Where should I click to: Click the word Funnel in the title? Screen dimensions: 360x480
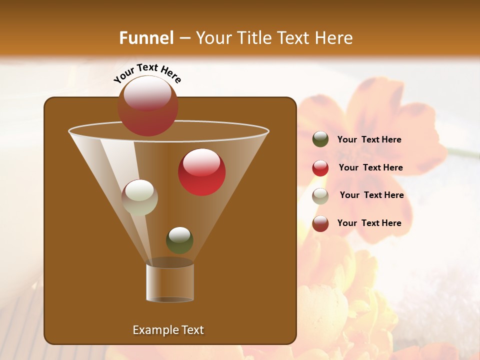point(146,38)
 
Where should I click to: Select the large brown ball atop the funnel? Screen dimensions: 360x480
point(147,106)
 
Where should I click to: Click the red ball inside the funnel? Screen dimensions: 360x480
point(201,172)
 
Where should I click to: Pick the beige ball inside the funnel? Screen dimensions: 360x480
point(139,197)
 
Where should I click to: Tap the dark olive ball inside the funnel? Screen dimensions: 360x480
point(179,240)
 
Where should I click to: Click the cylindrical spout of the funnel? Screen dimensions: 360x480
point(170,282)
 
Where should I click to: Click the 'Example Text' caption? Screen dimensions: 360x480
point(168,330)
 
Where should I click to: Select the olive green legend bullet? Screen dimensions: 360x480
point(320,139)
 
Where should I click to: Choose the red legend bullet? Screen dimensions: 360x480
point(320,168)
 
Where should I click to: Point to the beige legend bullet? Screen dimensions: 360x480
point(320,196)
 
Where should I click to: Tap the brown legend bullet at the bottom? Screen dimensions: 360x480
point(320,223)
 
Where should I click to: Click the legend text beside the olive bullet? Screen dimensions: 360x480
point(369,140)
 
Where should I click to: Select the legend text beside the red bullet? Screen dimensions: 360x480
point(370,167)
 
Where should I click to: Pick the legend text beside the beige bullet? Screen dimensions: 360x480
point(371,195)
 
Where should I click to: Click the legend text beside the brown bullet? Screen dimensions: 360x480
point(369,223)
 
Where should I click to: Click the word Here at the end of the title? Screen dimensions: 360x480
point(334,38)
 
